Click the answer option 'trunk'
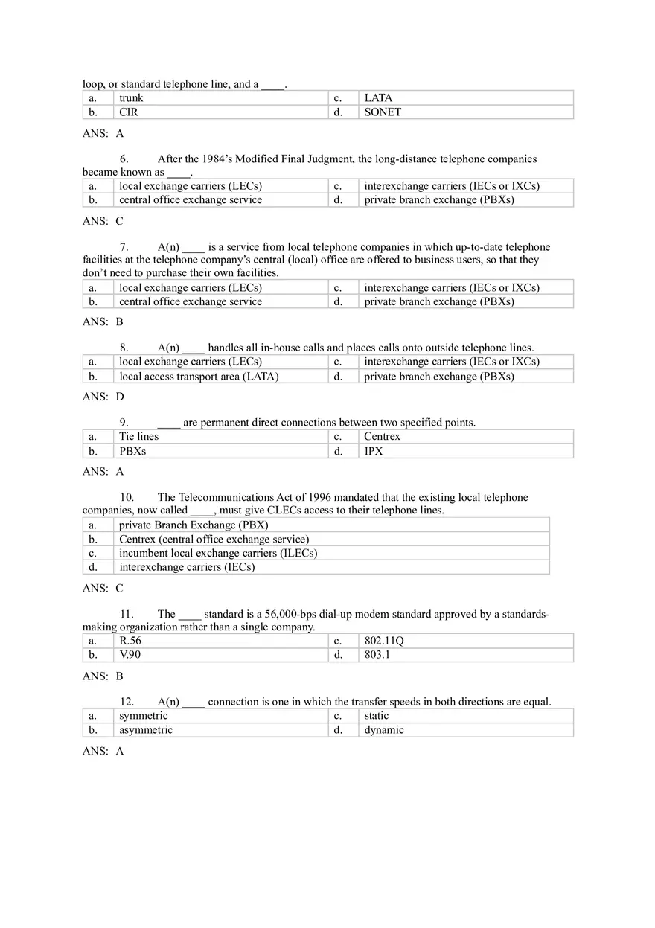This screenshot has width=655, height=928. point(131,98)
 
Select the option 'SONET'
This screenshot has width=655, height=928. point(383,112)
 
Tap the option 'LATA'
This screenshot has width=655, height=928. point(378,98)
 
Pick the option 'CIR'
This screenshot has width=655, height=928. point(129,112)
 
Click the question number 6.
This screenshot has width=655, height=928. point(124,159)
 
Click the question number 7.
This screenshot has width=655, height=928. point(124,247)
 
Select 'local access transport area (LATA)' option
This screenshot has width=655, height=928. point(199,377)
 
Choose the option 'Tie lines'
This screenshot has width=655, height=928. point(139,437)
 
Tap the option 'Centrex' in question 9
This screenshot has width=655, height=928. point(382,437)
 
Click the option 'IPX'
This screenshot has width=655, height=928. point(374,451)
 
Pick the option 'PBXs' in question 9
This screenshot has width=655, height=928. point(132,451)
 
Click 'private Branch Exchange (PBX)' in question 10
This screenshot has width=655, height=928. point(194,525)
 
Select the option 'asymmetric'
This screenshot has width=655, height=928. point(146,730)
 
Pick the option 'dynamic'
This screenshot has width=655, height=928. point(384,730)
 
